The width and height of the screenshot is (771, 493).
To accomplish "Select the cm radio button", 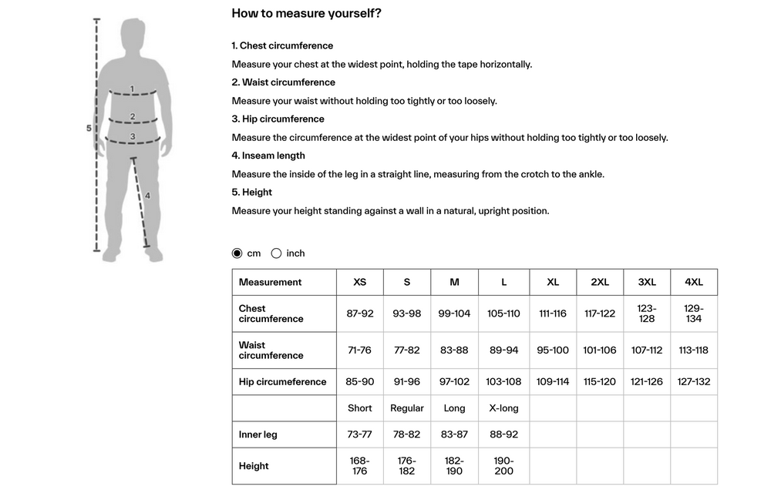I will (237, 253).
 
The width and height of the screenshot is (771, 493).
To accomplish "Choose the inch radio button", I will (276, 253).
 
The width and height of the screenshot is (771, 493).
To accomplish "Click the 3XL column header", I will (647, 282).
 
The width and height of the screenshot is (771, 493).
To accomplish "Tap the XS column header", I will (360, 282).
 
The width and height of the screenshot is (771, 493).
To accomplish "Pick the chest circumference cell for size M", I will (454, 314).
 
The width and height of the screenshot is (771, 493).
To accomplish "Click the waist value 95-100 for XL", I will (553, 350).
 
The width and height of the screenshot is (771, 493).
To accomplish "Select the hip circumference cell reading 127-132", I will (694, 381).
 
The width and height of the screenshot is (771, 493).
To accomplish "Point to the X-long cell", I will (503, 408).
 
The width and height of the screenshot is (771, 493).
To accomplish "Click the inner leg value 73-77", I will (360, 434).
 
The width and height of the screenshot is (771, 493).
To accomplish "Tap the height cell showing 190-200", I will (503, 465).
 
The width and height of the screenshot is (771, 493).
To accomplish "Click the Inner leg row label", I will (258, 434).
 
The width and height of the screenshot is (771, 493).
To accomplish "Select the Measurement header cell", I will (271, 282).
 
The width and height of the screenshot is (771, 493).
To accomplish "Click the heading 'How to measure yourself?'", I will (306, 13).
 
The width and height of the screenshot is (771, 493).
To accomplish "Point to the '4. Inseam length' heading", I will (269, 156).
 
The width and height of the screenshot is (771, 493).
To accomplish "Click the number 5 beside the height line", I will (89, 129).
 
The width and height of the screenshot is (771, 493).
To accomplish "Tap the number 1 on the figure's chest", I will (132, 89).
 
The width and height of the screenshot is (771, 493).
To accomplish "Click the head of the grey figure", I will (133, 35).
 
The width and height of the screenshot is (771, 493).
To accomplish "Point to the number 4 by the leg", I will (147, 196).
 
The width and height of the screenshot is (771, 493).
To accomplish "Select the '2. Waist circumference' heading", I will (284, 82).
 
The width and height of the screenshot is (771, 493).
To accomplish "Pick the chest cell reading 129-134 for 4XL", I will (694, 314).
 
